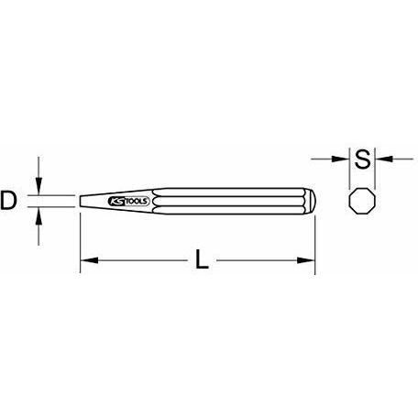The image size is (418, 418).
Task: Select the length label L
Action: [201, 263]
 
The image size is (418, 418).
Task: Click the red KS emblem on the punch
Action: [116, 201]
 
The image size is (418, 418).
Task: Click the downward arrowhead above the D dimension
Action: [38, 186]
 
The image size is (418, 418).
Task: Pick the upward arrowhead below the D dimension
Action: [38, 215]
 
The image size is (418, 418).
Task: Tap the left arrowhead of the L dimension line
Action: [86, 262]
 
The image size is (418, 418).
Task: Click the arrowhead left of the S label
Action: [346, 159]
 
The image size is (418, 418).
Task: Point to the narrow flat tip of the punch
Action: [82, 201]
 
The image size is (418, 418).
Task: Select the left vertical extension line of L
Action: [80, 238]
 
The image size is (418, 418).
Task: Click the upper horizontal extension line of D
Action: [55, 193]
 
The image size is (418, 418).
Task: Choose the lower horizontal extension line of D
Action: [55, 208]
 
